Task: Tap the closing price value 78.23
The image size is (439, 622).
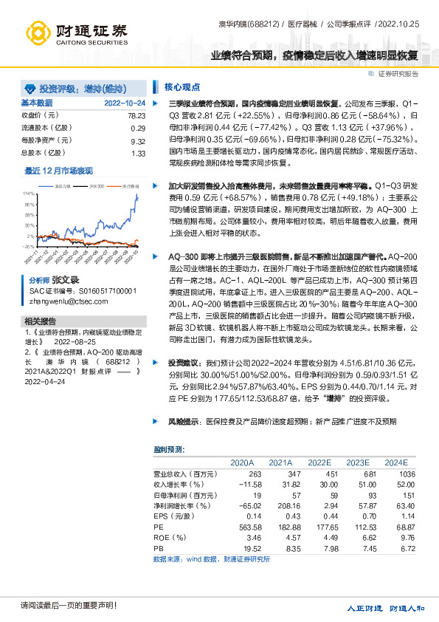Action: [x=136, y=115]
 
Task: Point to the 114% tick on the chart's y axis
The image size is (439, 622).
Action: [x=29, y=193]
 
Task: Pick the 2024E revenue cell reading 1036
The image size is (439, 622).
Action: [x=407, y=474]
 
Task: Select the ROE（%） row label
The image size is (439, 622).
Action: [x=167, y=539]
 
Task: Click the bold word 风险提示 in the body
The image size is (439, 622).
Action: [x=182, y=421]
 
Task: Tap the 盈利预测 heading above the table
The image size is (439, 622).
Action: [x=169, y=449]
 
